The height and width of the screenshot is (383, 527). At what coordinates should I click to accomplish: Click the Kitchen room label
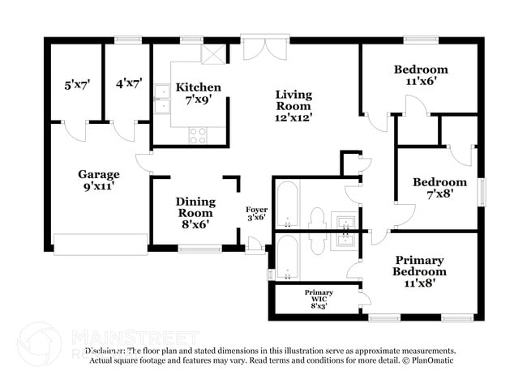(199, 87)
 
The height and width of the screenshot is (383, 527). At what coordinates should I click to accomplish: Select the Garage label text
(99, 174)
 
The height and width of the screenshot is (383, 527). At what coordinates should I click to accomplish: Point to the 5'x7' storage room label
(78, 83)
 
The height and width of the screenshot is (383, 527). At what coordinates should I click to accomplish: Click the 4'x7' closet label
(129, 83)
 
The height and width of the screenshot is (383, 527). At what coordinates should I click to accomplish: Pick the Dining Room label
(196, 207)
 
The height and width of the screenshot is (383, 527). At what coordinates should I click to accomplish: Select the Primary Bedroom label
(420, 266)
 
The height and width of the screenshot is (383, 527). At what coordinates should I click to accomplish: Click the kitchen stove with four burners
(198, 136)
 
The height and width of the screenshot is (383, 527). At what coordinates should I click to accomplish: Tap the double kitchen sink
(162, 98)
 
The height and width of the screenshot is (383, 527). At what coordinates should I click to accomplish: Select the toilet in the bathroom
(316, 219)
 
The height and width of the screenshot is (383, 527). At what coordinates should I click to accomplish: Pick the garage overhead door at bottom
(101, 242)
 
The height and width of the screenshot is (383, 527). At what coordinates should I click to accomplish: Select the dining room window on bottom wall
(199, 249)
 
